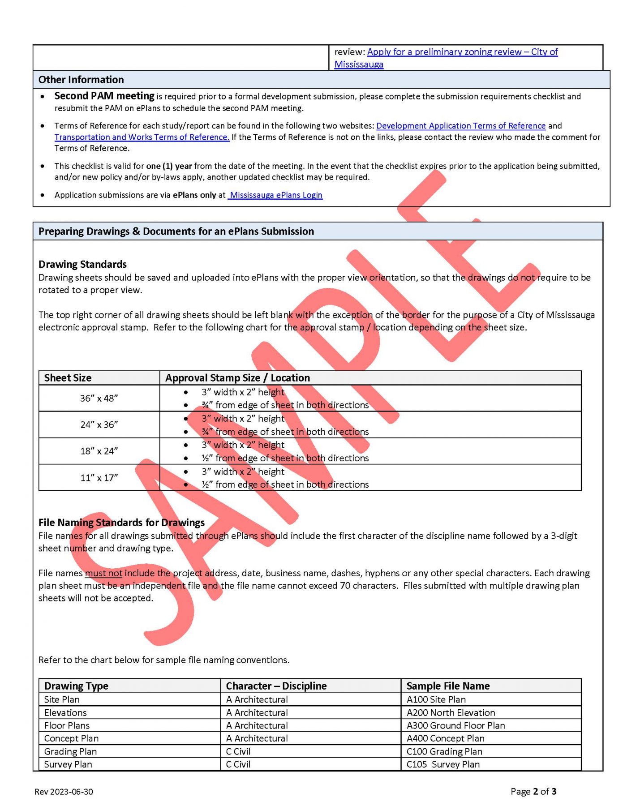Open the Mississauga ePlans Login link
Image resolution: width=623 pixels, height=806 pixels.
275,195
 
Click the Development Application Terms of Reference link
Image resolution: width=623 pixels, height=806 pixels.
460,126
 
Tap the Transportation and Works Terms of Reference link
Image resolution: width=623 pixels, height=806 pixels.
142,137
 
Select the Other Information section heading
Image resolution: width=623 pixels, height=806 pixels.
81,80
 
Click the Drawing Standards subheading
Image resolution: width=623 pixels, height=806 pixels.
82,264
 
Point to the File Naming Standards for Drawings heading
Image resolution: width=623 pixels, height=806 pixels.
121,523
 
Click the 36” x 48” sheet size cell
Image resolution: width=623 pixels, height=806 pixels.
99,398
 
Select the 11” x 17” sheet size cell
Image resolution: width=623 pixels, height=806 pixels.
99,478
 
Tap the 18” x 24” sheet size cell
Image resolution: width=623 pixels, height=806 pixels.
99,451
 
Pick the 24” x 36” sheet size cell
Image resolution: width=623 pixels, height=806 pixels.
99,424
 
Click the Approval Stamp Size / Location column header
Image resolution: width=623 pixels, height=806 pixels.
237,378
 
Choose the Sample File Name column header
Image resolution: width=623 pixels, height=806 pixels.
448,686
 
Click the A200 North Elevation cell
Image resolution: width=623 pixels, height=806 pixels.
451,712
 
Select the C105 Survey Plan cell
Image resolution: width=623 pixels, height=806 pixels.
443,764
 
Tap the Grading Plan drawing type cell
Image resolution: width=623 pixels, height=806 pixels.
70,751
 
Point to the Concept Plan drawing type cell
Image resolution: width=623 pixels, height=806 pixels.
71,738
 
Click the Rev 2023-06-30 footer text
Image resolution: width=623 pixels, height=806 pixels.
64,792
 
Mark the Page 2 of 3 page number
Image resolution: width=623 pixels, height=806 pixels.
533,791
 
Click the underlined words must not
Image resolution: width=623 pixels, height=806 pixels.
103,573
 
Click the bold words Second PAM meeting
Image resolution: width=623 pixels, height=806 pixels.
104,96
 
